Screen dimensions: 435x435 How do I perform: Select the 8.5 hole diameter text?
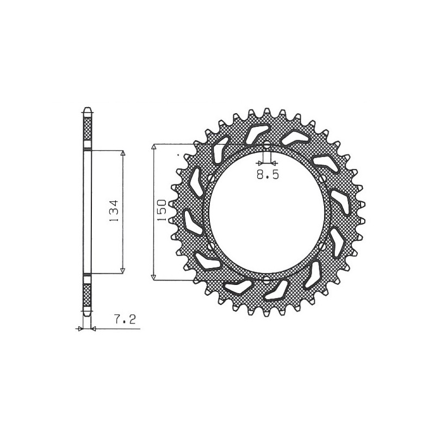tap(266, 175)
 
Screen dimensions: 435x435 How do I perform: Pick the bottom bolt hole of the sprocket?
tap(266, 280)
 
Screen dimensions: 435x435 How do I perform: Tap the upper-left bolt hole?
tap(210, 178)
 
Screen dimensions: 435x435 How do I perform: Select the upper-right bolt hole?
tap(324, 179)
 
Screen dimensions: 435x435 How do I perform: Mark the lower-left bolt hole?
tap(210, 248)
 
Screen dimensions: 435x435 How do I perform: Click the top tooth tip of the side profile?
tap(87, 108)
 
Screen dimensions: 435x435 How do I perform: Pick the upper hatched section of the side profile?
tap(87, 130)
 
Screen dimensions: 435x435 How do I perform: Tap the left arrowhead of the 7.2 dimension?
tap(80, 328)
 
